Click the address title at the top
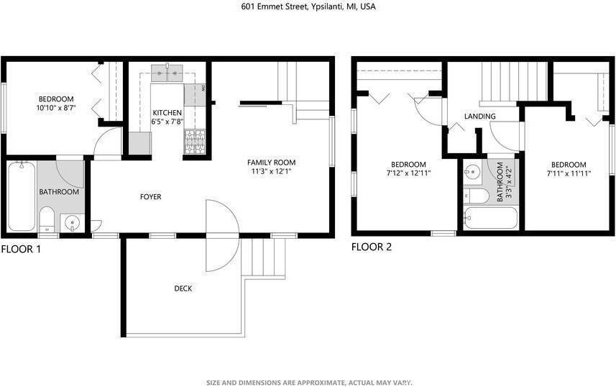308,6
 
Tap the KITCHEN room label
167,113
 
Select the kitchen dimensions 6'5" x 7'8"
167,123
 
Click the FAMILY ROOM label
271,162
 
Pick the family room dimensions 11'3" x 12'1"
271,172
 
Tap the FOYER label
150,196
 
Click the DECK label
183,288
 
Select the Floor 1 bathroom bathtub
22,196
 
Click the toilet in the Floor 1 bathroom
47,218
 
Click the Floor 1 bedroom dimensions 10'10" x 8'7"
56,108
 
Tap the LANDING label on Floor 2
479,117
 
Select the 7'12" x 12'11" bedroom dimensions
408,173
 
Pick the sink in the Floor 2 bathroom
473,172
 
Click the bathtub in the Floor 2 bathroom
490,218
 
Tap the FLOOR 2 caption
371,247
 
